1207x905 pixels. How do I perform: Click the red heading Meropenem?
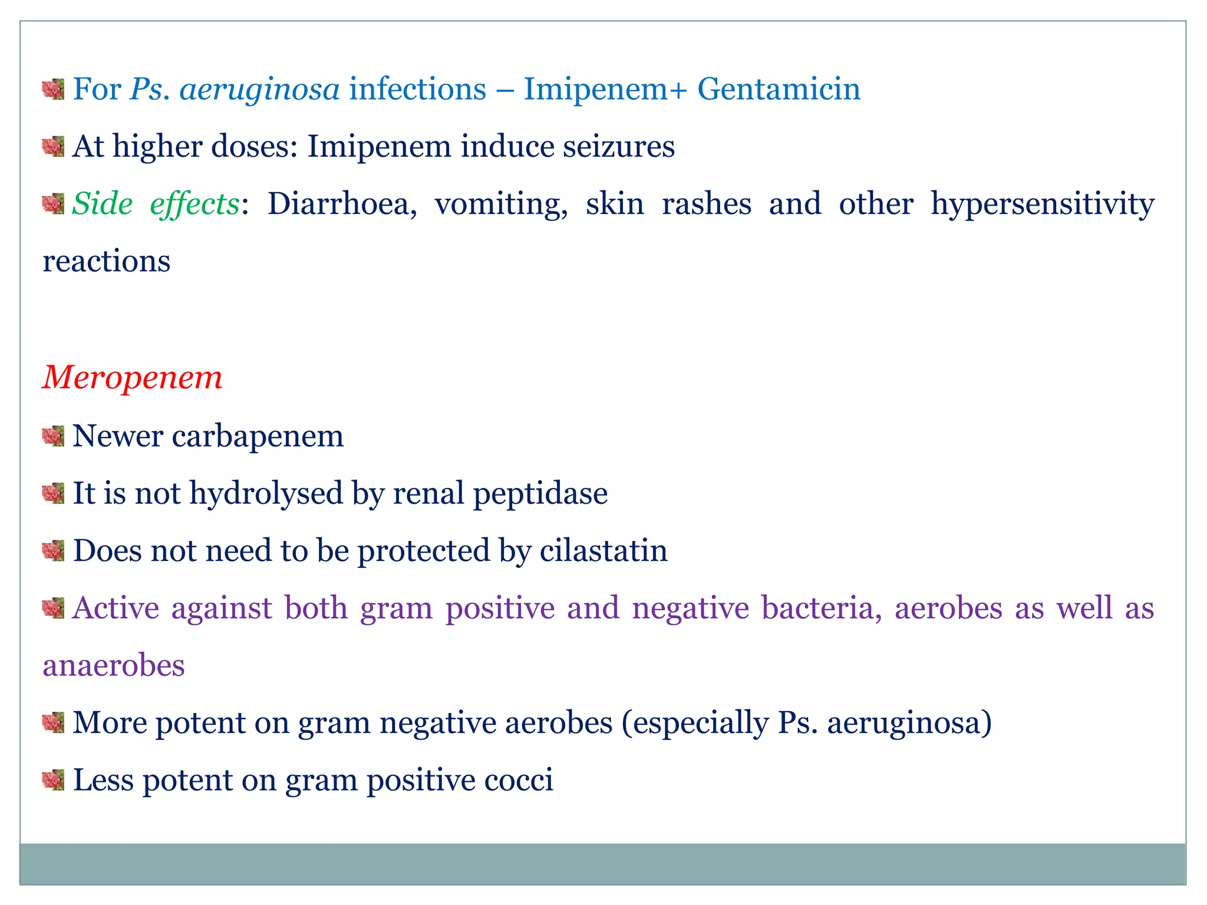coord(132,378)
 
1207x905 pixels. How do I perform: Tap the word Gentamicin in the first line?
coord(779,90)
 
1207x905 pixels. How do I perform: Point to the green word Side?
coord(103,204)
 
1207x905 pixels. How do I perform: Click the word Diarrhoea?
coord(342,204)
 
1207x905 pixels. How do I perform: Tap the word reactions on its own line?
coord(107,262)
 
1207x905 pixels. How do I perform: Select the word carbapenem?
coord(258,437)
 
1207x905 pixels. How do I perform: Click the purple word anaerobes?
coord(114,666)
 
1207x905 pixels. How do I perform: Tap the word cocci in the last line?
coord(519,780)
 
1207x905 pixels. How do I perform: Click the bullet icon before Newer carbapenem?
coord(53,437)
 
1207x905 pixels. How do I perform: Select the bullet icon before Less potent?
coord(53,780)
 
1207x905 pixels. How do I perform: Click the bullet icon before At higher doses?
coord(53,146)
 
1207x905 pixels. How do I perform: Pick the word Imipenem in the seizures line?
coord(379,147)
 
